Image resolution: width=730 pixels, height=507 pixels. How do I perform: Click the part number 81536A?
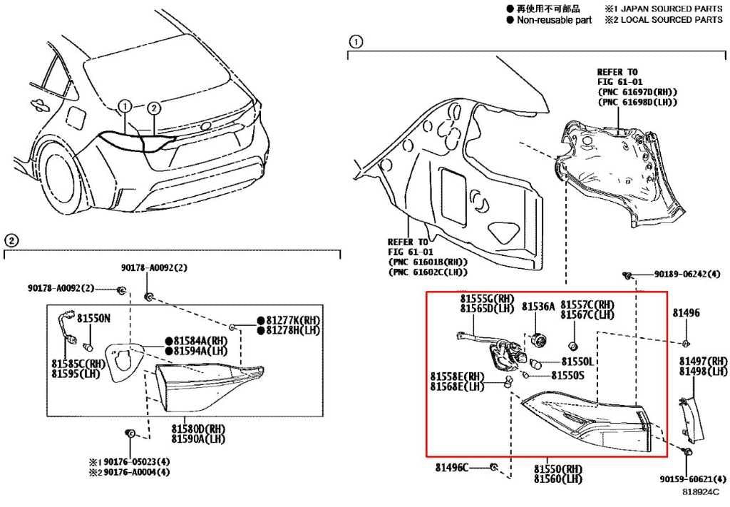pos(538,307)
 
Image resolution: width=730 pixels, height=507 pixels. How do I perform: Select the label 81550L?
pos(577,362)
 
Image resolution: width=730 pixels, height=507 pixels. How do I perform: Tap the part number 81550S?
pos(567,375)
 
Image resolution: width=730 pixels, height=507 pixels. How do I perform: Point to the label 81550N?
pos(93,319)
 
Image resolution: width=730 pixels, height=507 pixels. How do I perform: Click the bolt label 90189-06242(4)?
pos(687,275)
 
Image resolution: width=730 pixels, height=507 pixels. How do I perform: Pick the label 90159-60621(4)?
pos(693,478)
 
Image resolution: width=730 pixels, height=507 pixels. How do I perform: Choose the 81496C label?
pos(452,467)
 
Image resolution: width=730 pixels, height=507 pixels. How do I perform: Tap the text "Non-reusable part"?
pos(554,20)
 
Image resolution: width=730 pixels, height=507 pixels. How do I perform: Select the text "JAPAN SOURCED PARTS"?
pos(672,9)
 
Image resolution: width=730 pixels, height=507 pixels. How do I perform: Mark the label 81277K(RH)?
pos(293,320)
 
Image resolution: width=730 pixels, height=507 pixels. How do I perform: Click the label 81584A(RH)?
pos(200,341)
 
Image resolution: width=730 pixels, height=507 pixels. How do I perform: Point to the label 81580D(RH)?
pos(198,429)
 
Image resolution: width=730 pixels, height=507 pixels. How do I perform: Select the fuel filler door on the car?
pos(76,118)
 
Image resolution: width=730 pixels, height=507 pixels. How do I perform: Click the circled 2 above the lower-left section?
pos(11,241)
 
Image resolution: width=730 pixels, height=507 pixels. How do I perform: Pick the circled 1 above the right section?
pos(356,42)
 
